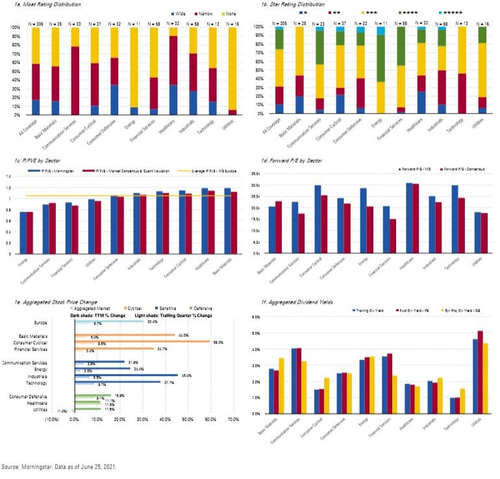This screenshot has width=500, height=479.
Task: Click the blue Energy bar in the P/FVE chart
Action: tap(24, 232)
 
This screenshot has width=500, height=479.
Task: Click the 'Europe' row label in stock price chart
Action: tap(40, 322)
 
